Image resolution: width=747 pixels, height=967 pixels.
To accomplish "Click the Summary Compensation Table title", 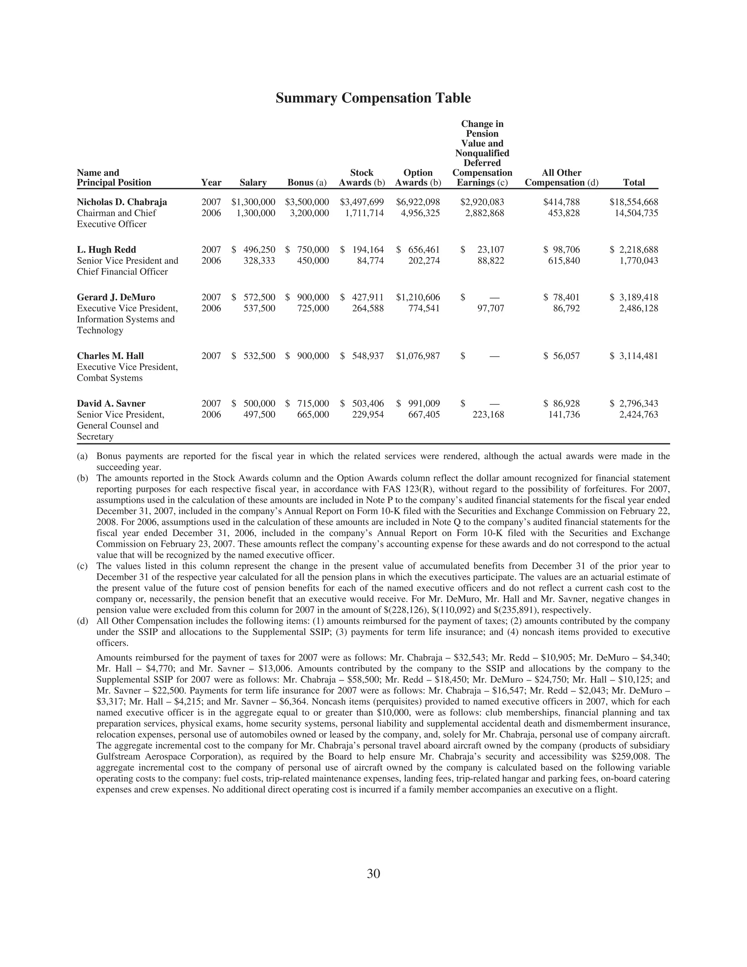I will [373, 98].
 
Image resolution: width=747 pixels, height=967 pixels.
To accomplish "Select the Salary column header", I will [253, 182].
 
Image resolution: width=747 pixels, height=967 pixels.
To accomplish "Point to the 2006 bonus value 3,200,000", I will [309, 213].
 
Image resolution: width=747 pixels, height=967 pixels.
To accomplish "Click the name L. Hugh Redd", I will [106, 250].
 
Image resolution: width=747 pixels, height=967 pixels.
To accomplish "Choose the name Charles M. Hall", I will [110, 356].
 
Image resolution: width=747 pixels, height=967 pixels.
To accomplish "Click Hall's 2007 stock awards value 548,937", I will [368, 356].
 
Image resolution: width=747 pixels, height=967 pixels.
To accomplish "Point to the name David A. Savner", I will [111, 403].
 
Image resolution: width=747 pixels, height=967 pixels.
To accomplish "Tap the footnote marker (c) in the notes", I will [82, 566].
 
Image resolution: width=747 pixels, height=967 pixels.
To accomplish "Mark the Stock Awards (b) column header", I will [361, 178].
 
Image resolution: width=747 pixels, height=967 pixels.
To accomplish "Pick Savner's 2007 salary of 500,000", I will [259, 403].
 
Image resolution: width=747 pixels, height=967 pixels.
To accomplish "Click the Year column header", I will [211, 182].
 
